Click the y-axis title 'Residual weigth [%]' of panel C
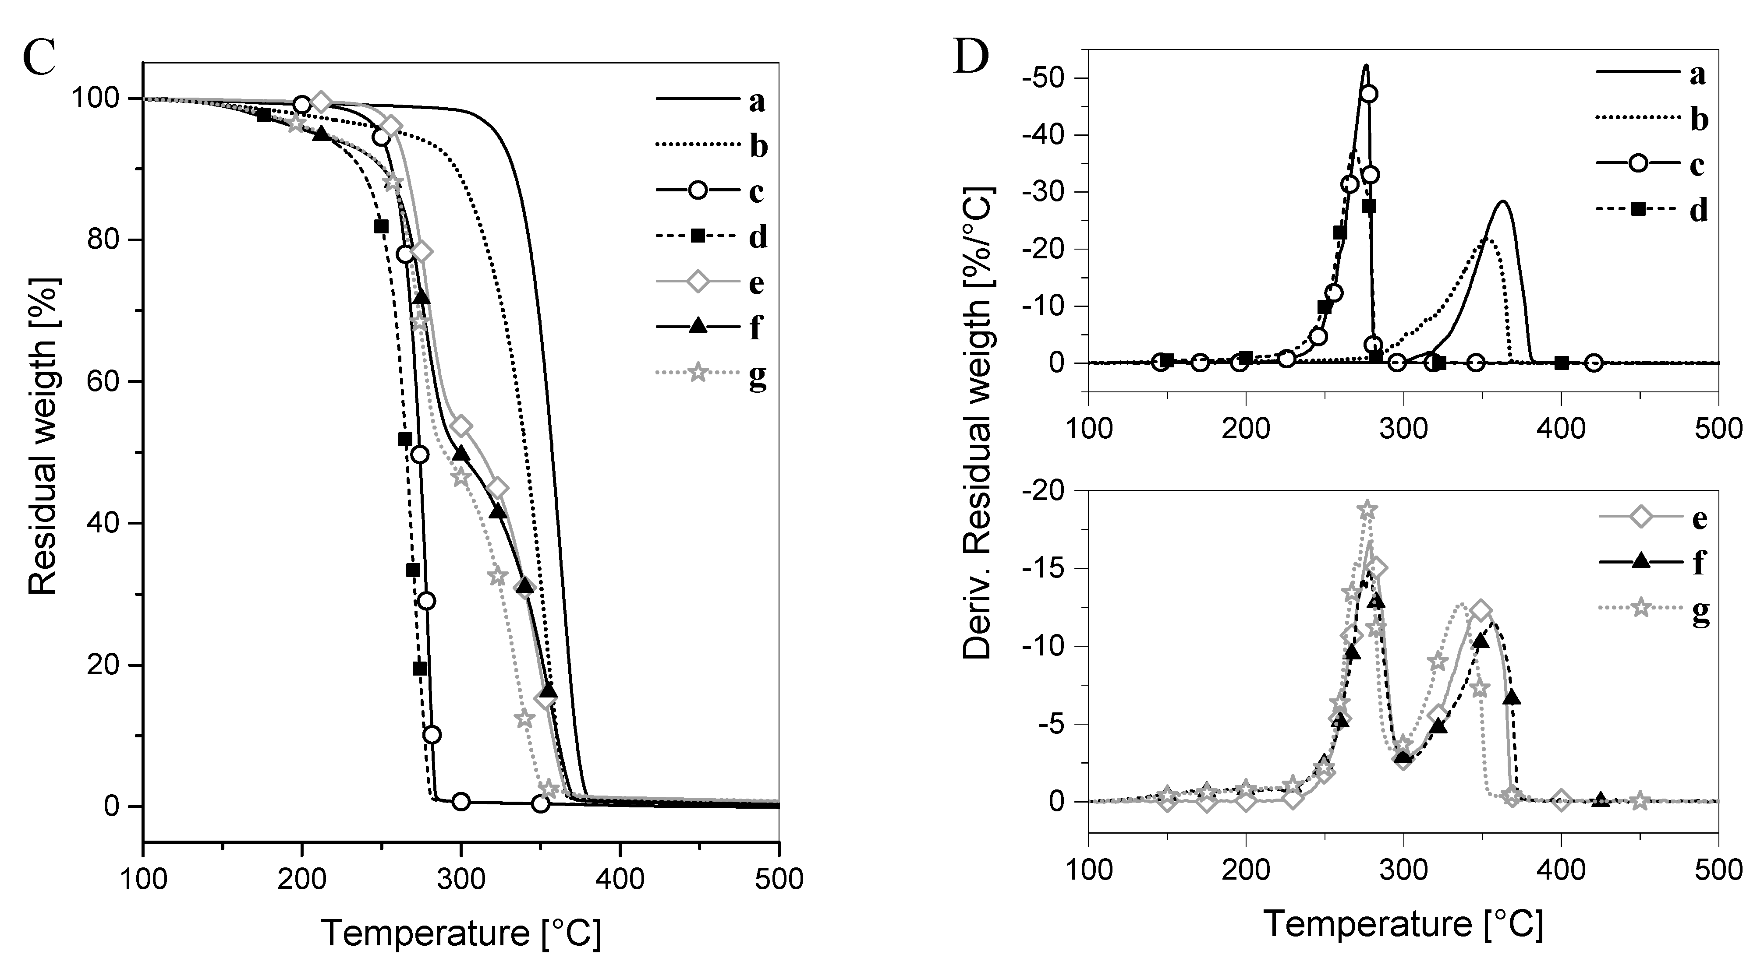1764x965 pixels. (43, 436)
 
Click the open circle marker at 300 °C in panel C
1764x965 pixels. (461, 801)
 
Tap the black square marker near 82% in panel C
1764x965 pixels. (382, 226)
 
